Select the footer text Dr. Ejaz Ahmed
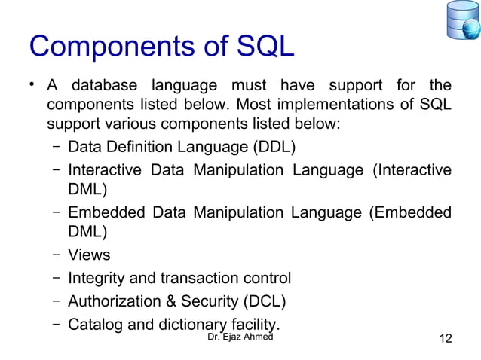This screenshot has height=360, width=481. [x=240, y=339]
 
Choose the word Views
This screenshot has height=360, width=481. [x=89, y=255]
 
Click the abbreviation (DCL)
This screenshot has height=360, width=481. [x=263, y=302]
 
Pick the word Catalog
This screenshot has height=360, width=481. [x=94, y=325]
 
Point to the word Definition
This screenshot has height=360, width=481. [x=135, y=145]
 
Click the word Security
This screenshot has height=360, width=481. [x=207, y=302]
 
